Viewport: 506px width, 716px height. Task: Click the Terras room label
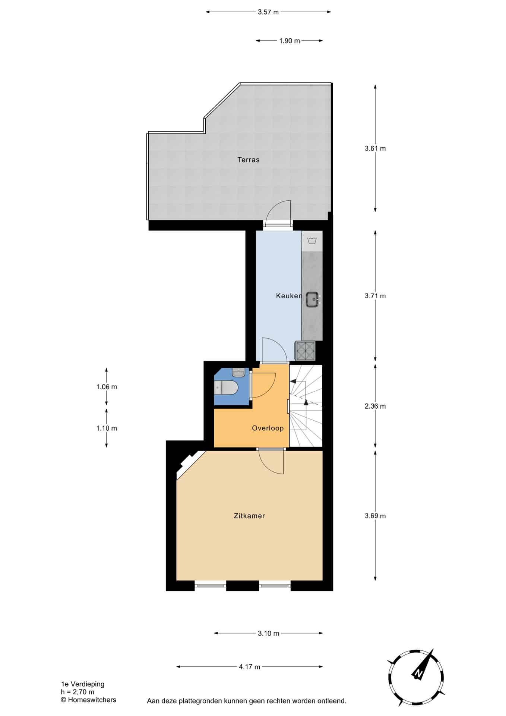coord(249,160)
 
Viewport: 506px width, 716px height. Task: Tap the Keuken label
coord(289,296)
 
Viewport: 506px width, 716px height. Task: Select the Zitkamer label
coord(249,516)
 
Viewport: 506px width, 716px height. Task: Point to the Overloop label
coord(268,428)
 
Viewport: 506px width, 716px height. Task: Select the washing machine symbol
coord(311,241)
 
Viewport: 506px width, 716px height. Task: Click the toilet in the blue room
coord(226,387)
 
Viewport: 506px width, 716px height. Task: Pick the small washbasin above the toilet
coord(238,372)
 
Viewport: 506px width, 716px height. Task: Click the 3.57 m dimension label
coord(268,12)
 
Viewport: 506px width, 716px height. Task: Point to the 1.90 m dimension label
coord(290,41)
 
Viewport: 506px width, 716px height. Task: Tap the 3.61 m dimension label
coord(375,148)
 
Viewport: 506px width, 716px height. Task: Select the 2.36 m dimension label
coord(375,406)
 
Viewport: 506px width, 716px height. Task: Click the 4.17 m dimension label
coord(250,667)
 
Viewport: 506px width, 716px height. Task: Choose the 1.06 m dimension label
coord(107,387)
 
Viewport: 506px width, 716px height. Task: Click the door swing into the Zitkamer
coord(271,461)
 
